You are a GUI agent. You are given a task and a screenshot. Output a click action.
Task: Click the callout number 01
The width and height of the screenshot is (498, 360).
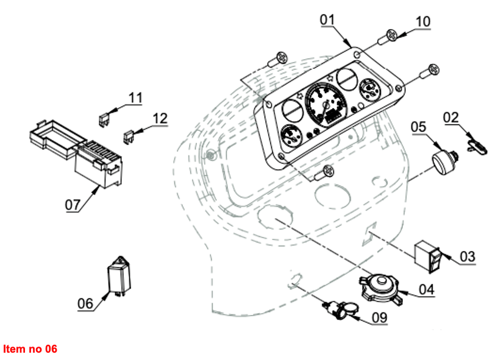[327, 19]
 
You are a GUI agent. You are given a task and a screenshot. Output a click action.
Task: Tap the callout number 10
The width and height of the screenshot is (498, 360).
[423, 21]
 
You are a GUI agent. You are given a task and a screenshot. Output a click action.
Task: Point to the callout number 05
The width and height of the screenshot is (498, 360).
[418, 127]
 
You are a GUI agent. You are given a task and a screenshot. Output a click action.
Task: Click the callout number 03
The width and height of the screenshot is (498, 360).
[468, 256]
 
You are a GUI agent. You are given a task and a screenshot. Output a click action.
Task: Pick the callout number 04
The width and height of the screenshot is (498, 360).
[426, 289]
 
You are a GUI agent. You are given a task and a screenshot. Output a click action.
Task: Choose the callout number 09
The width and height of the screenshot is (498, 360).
[379, 317]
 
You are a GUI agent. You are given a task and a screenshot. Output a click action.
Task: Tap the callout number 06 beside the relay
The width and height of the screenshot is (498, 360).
[85, 303]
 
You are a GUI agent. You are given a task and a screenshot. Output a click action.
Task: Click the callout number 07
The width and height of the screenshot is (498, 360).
[73, 205]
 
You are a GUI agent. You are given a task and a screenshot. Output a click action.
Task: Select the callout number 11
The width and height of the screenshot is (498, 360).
[135, 97]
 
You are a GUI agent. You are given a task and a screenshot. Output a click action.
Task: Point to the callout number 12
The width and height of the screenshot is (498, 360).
[159, 118]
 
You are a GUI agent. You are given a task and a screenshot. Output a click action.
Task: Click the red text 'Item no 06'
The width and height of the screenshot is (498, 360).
[30, 349]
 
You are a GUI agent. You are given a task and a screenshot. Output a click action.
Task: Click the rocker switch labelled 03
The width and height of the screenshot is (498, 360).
[428, 256]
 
